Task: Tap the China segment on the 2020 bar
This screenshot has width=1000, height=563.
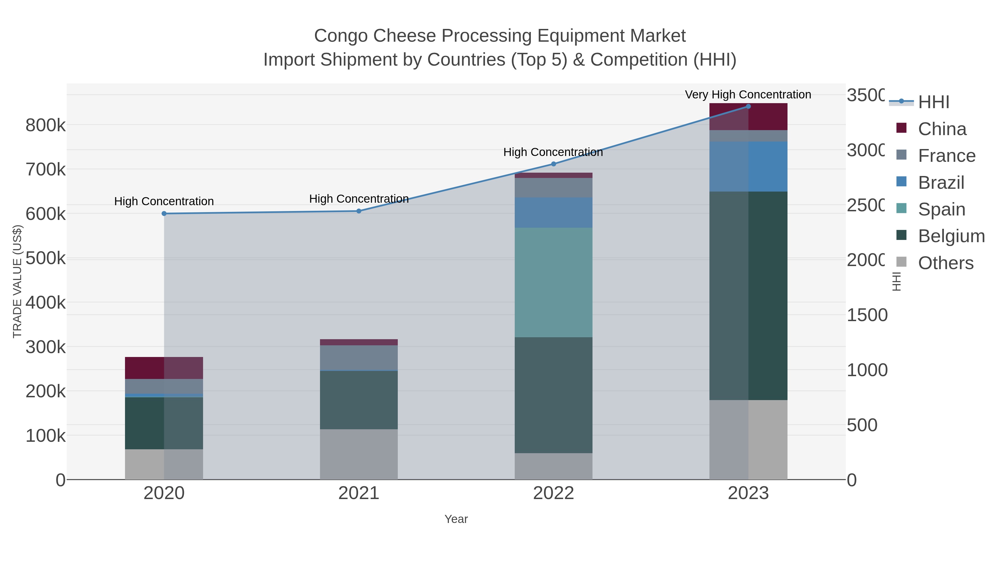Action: pos(164,368)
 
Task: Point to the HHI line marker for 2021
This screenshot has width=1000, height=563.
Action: pos(359,211)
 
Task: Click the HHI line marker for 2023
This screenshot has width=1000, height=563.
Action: pos(748,106)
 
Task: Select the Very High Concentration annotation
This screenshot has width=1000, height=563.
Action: pos(748,95)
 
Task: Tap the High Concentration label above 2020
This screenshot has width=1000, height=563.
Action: pos(164,201)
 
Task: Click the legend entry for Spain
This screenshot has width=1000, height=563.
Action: pos(941,209)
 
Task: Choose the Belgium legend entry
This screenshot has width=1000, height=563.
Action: pos(951,236)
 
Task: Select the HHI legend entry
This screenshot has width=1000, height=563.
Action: pos(934,102)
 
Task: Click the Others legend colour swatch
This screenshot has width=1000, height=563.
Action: pos(901,262)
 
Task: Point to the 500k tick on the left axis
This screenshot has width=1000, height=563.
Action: pos(46,258)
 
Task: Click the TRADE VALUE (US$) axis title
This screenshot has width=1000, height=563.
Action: pos(17,281)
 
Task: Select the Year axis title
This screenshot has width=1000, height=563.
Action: pos(456,519)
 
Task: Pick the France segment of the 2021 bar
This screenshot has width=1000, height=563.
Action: pos(359,358)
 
